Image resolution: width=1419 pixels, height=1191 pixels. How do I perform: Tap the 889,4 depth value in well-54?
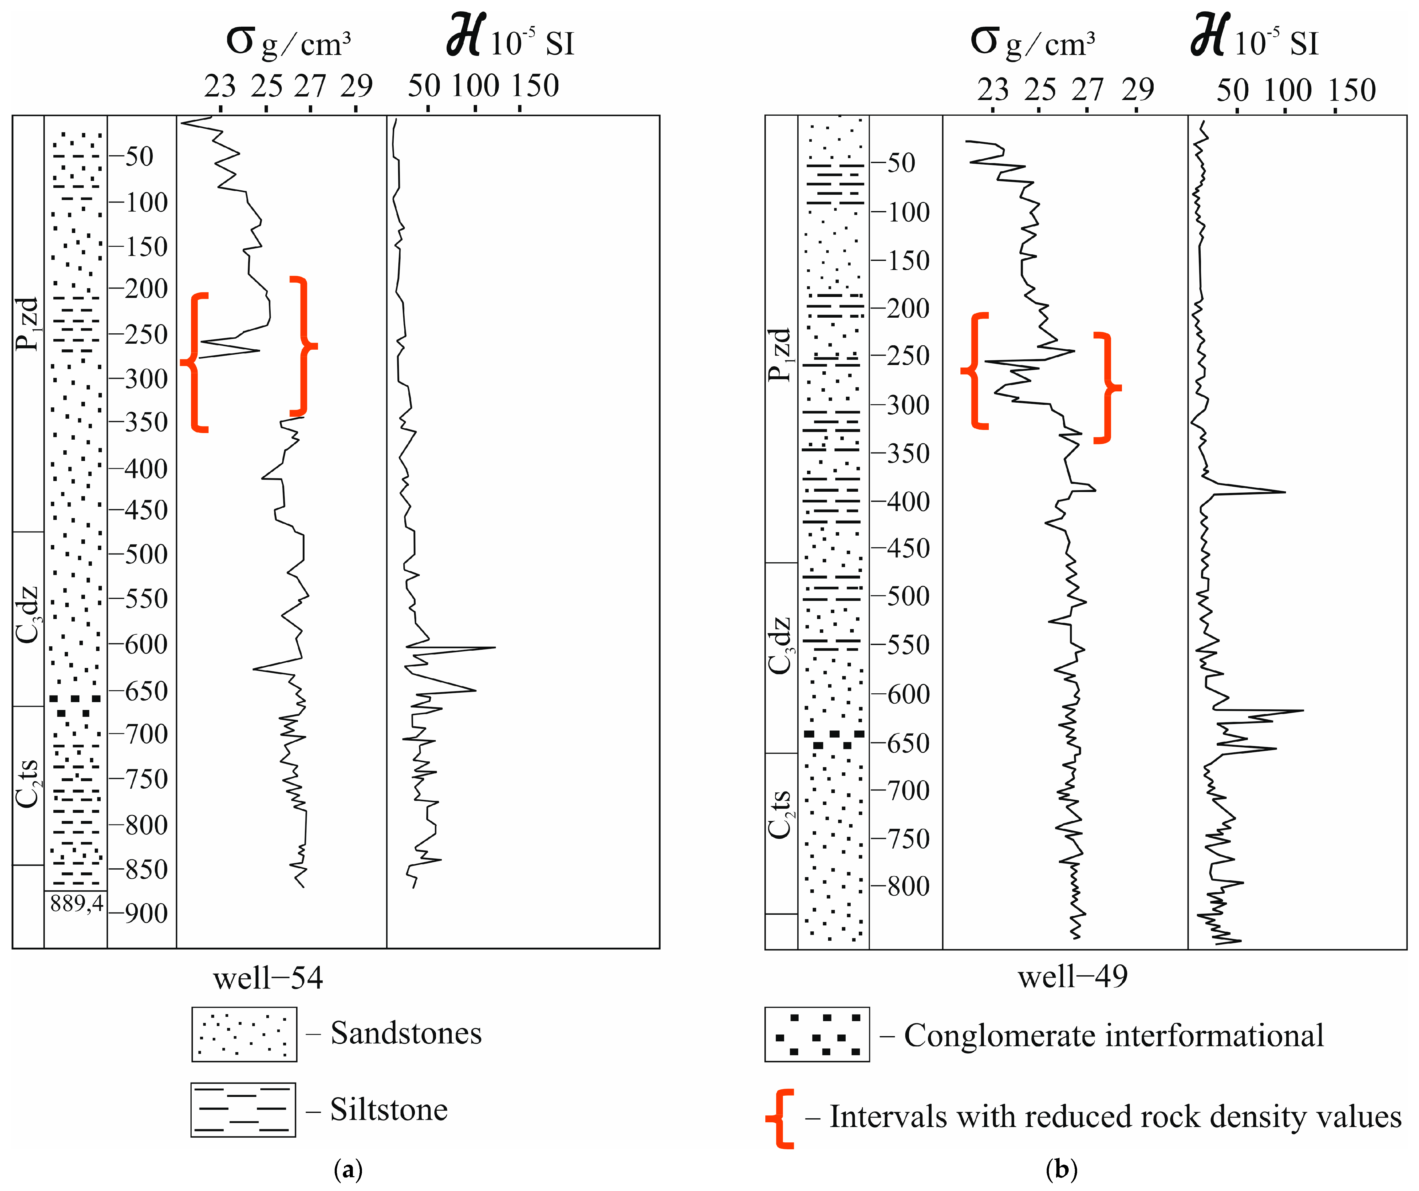76,903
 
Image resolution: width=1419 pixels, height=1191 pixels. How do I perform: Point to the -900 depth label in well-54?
139,913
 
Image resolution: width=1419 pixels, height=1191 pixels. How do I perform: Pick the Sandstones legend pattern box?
244,1034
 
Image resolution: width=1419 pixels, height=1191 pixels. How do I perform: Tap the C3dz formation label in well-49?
780,645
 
